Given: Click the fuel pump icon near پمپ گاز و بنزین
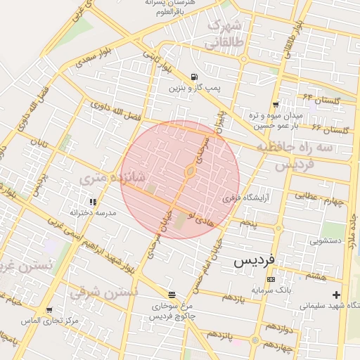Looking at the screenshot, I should (193, 77).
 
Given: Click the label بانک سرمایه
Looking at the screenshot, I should (271, 290).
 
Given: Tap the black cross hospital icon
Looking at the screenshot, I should (336, 295).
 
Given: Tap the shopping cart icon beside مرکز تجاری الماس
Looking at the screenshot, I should (49, 310).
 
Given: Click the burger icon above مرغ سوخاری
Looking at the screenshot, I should (171, 295).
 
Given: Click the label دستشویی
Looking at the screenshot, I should (326, 240).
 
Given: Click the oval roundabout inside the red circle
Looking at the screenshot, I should (190, 171).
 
